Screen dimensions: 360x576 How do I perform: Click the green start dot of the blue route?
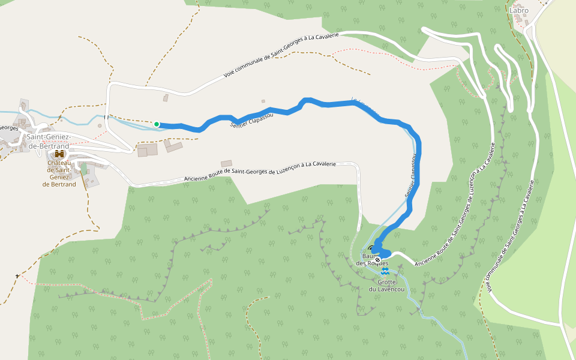[157, 124]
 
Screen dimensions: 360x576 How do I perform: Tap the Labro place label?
[519, 10]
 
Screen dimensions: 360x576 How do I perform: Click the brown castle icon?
[59, 154]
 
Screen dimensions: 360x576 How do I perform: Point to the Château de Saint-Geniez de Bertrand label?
[59, 173]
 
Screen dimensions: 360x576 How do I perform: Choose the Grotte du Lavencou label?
[386, 286]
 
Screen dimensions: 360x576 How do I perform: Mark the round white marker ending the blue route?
[377, 260]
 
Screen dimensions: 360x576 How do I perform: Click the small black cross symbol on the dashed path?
[17, 276]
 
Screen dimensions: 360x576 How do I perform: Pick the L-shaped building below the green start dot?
[174, 146]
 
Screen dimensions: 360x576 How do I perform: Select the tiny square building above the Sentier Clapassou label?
[263, 101]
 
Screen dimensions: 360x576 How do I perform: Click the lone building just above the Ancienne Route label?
[226, 163]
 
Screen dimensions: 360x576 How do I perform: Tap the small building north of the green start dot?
[166, 98]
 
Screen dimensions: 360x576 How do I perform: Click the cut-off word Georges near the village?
[8, 128]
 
